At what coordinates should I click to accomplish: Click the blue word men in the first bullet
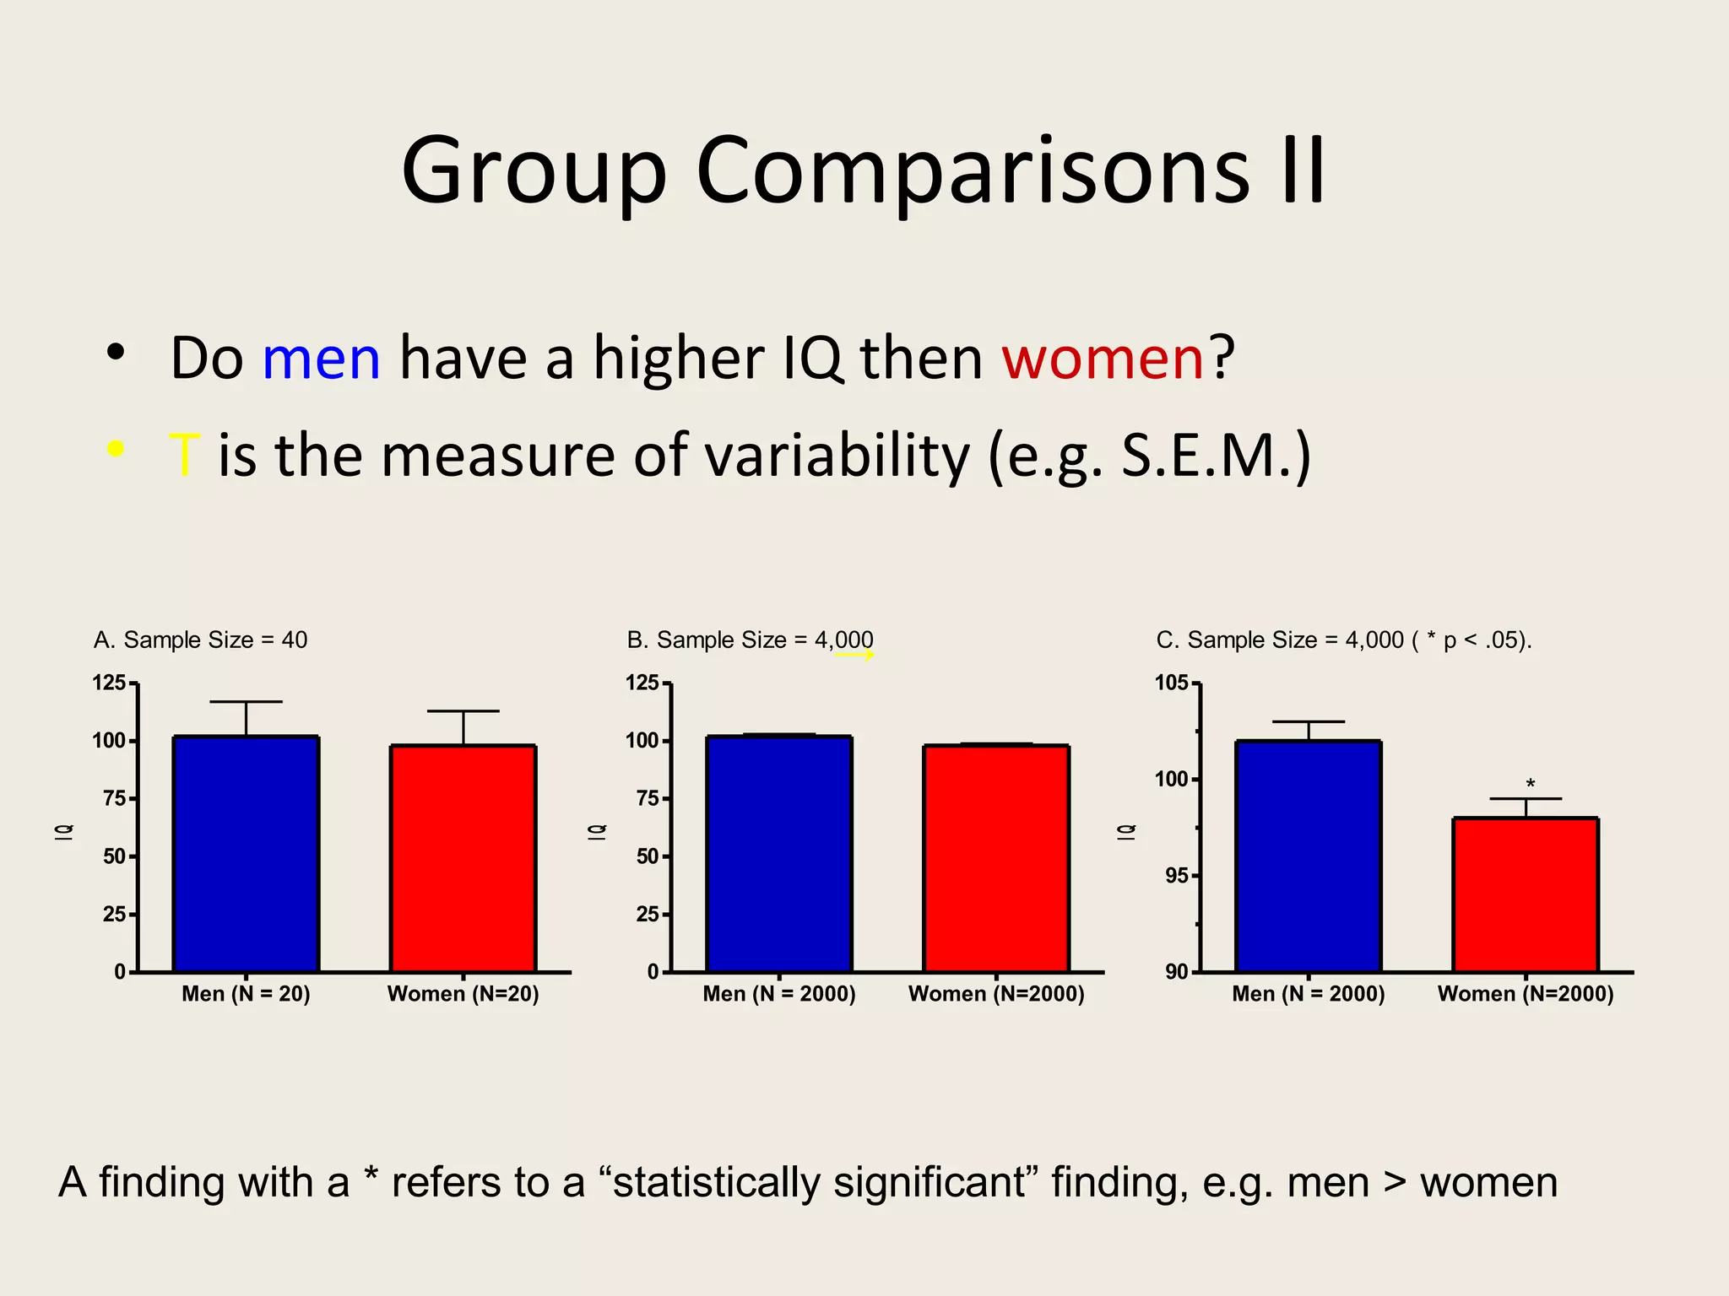point(321,359)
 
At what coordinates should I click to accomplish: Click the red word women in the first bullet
point(1102,359)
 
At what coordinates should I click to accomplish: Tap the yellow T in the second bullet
point(184,456)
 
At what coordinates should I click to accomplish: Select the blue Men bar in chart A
point(246,852)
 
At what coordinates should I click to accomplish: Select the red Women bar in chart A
point(463,856)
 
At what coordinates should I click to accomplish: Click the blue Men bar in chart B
point(778,852)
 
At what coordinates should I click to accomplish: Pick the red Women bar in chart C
point(1525,894)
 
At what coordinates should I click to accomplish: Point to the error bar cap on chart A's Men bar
point(246,701)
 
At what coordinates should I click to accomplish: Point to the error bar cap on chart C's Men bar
point(1308,721)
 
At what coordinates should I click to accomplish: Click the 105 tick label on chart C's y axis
point(1171,683)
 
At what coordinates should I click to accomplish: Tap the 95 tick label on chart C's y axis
point(1176,876)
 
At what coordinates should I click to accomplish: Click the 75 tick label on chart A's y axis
point(114,798)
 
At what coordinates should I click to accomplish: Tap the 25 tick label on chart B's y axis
point(647,914)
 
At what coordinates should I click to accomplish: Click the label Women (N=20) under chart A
point(463,994)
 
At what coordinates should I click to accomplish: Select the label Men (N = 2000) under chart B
point(778,994)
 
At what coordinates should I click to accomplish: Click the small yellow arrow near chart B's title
point(854,655)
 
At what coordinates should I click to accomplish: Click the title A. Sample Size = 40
point(200,640)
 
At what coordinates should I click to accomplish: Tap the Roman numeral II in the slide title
point(1303,170)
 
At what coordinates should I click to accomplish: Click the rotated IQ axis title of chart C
point(1126,831)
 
